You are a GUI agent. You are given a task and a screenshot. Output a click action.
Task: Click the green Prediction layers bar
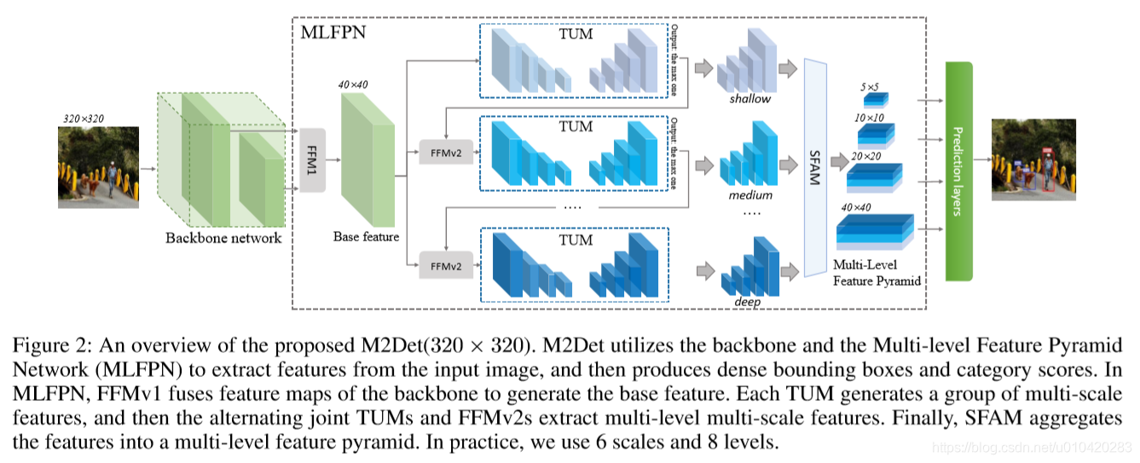click(x=958, y=171)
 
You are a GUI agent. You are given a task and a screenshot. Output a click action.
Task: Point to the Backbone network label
click(x=223, y=239)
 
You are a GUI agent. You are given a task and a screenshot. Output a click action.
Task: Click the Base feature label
click(x=366, y=236)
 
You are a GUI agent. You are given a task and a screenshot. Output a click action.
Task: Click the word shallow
click(x=749, y=99)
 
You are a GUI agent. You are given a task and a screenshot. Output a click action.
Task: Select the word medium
click(x=750, y=195)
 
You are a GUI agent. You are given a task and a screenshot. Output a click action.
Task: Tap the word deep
click(x=746, y=301)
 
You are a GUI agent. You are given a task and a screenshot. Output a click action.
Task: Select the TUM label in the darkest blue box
click(x=575, y=240)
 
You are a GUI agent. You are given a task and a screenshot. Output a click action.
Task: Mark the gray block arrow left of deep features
click(x=705, y=271)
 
